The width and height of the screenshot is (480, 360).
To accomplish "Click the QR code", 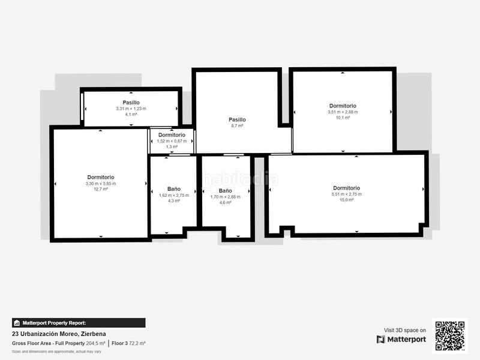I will click(450, 335).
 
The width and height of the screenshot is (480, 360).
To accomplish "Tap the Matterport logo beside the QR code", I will click(401, 340).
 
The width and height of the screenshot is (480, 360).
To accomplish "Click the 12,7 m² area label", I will click(101, 189).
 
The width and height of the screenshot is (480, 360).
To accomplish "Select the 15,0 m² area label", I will click(347, 200).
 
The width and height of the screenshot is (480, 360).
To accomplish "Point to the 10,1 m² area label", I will click(343, 118).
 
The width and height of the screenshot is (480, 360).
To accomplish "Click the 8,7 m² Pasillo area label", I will click(237, 126).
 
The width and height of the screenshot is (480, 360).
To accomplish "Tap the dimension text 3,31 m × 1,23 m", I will click(131, 109).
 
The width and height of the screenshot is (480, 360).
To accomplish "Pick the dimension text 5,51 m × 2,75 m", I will click(347, 194).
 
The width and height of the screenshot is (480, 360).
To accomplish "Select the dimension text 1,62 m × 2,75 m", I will click(174, 195).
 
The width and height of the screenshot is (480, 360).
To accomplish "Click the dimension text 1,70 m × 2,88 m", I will click(225, 197).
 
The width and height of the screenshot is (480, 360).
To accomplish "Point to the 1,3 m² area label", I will click(172, 146).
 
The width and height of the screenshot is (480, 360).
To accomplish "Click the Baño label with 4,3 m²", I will click(174, 188).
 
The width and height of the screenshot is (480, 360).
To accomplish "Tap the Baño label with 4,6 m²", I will click(225, 190).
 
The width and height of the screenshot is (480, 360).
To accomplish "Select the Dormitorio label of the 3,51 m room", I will click(343, 106).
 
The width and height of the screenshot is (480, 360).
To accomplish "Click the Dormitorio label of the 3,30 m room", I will click(101, 177).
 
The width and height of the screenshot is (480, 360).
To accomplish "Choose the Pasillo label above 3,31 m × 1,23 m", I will click(131, 103).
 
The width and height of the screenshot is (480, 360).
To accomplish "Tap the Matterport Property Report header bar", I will click(78, 323).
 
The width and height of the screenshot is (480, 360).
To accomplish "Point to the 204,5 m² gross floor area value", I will click(95, 343).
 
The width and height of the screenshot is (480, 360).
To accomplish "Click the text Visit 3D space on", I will click(405, 330).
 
